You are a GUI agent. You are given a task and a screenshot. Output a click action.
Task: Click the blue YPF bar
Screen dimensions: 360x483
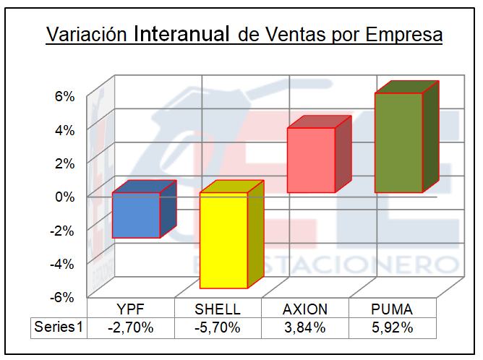coord(136,215)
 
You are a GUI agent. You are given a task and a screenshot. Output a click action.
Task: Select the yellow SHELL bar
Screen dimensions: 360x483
coord(223,241)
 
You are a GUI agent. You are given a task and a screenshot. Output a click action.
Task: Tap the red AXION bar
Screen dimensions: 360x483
coord(311,160)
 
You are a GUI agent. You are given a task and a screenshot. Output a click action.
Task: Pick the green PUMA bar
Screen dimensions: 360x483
coord(398,142)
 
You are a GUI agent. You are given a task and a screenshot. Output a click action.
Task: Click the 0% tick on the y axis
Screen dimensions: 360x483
coord(65,196)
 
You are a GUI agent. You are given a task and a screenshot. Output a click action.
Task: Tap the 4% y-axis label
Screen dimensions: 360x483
coord(65,129)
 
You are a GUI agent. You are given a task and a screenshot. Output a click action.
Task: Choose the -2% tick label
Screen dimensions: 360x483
coord(64,230)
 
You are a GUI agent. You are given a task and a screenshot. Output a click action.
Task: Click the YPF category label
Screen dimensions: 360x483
coord(131,309)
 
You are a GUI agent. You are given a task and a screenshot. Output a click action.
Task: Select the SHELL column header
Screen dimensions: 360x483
coord(218,309)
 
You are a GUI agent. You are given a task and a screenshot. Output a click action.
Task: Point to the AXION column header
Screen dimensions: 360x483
coord(305,309)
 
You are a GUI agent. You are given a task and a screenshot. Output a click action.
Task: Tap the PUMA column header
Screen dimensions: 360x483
coord(392,309)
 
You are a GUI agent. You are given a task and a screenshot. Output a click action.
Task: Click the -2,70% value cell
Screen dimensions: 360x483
coord(131,327)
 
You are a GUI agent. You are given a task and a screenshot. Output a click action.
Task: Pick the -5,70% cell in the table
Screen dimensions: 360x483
coord(218,327)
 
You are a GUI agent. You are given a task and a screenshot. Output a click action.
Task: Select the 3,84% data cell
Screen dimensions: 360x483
coord(305,327)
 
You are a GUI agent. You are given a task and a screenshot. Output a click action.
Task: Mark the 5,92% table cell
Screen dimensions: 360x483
coord(392,327)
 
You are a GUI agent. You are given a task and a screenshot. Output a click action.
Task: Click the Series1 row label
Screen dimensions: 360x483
coord(59,327)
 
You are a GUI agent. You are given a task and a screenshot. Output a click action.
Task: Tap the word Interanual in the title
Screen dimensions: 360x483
coord(183,34)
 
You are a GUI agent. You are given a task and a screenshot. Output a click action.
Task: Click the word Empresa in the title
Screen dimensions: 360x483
coord(403,35)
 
